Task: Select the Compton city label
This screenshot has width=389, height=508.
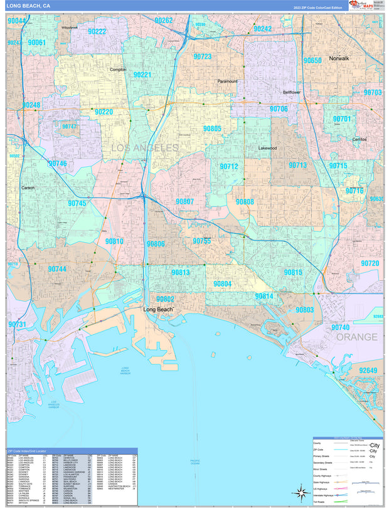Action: click(x=118, y=70)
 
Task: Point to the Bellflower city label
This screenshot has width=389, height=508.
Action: click(x=292, y=92)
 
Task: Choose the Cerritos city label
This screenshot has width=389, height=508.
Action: click(x=360, y=139)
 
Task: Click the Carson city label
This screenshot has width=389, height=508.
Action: click(x=28, y=188)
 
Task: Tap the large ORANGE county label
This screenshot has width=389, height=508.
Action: click(x=357, y=337)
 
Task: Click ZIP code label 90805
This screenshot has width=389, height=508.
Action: click(x=212, y=129)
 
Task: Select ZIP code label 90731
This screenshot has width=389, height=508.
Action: click(x=18, y=324)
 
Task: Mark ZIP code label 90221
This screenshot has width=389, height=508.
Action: click(x=142, y=75)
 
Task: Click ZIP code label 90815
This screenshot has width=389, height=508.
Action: click(x=292, y=272)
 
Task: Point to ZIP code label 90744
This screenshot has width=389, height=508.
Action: click(x=56, y=269)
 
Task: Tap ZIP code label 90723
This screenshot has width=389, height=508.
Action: click(x=202, y=56)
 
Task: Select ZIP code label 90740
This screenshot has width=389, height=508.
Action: click(x=340, y=327)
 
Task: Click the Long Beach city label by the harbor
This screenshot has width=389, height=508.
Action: click(x=158, y=310)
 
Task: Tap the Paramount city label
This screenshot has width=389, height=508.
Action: click(x=228, y=82)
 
